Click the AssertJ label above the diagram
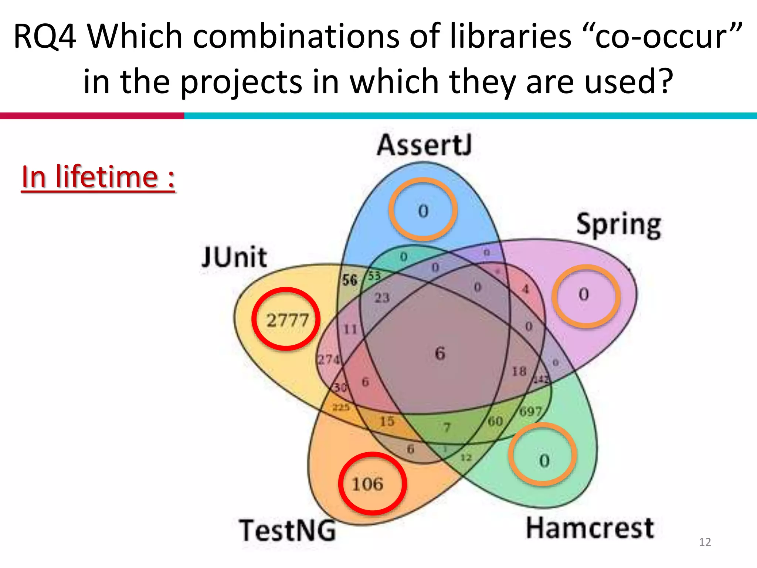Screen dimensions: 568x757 coord(424,145)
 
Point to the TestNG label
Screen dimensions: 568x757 coord(288,531)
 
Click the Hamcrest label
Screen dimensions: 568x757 coord(590,528)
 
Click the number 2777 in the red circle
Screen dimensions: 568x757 coord(287,320)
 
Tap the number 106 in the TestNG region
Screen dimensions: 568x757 coord(367,484)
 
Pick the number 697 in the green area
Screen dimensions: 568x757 coord(530,411)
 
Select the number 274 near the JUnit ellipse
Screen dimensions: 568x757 coord(329,359)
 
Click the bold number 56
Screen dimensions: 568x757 coord(349,280)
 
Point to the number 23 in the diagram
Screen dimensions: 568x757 coord(382,298)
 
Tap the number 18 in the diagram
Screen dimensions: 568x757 coord(519,371)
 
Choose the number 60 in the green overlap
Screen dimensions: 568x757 coord(495,421)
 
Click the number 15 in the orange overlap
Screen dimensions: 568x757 coord(387,421)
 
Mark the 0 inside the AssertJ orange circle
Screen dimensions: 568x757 coord(423,211)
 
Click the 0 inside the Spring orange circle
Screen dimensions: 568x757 coord(584,294)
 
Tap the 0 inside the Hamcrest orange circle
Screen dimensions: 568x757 coord(544,461)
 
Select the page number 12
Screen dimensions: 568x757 coord(705,542)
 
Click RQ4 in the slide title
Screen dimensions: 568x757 coord(44,36)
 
